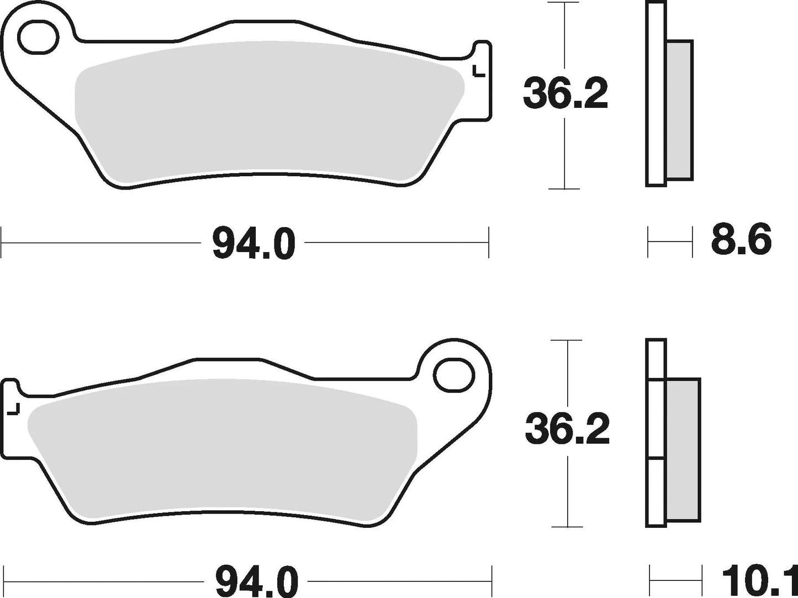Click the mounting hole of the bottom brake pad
455,376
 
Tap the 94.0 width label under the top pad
253,243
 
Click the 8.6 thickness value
741,241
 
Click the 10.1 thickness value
759,581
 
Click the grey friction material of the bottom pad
221,448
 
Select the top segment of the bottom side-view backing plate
656,359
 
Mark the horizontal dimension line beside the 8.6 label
669,242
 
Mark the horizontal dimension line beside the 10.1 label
675,580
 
